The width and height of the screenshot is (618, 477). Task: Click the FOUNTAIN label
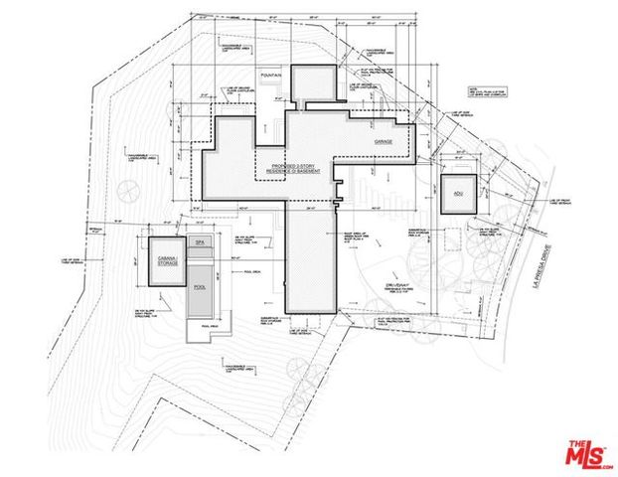[270, 75]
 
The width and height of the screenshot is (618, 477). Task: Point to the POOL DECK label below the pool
[210, 326]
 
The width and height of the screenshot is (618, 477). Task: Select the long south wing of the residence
[312, 258]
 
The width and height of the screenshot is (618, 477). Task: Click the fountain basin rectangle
[272, 89]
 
